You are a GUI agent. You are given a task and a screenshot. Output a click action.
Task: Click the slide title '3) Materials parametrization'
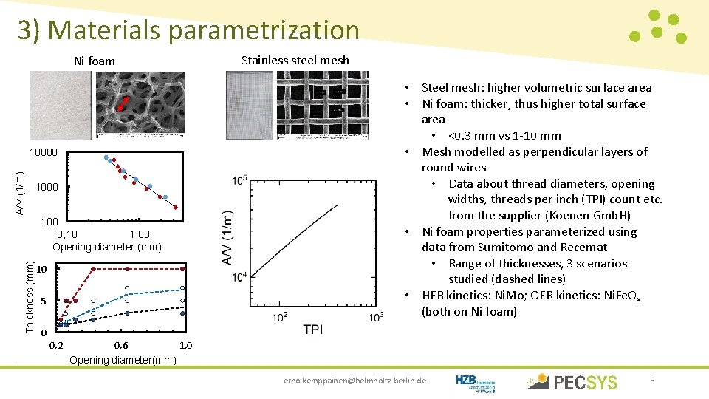point(188,30)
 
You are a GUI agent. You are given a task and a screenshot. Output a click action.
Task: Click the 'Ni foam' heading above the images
point(95,61)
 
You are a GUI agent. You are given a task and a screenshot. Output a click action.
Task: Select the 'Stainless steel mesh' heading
point(295,60)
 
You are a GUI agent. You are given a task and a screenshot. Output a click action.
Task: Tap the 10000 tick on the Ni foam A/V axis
point(43,153)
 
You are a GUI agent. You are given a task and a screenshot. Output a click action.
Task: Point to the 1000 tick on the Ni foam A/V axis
point(47,188)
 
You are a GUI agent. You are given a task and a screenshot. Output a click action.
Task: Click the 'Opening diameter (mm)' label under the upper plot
point(106,246)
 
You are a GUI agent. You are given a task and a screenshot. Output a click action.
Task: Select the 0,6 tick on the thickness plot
point(121,345)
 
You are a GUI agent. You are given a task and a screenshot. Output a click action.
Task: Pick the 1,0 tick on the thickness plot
point(185,345)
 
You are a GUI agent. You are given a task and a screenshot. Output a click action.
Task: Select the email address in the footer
point(355,381)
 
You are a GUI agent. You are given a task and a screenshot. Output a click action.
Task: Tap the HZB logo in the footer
point(476,381)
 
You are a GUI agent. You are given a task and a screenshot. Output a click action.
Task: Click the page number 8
point(652,381)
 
